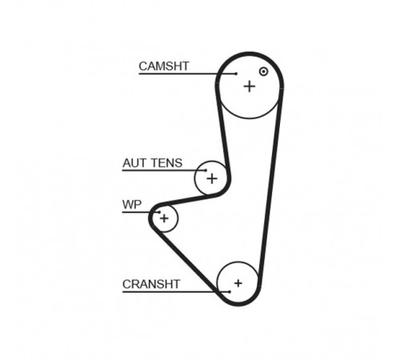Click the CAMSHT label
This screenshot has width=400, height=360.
coord(164,66)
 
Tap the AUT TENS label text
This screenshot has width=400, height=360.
coord(152,163)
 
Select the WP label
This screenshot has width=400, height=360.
coord(132,205)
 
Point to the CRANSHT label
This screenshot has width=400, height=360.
coord(151,284)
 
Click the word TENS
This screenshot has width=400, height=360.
coord(166,163)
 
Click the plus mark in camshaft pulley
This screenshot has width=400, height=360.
coord(250,86)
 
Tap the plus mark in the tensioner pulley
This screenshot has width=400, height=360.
coord(212,178)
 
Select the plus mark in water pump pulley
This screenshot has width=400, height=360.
coord(164,218)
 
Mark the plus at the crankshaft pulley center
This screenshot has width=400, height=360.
coord(238,283)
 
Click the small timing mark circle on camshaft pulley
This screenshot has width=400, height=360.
coord(263,71)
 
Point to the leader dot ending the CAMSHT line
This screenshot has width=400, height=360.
coord(236,74)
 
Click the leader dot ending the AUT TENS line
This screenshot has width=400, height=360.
coord(206,170)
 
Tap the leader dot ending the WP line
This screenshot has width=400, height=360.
coord(159,212)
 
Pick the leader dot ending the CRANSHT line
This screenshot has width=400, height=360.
coord(230,292)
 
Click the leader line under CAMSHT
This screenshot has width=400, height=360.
coord(187,74)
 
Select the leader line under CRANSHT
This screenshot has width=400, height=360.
coord(176,292)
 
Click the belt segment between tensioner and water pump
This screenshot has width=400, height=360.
coord(189,200)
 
